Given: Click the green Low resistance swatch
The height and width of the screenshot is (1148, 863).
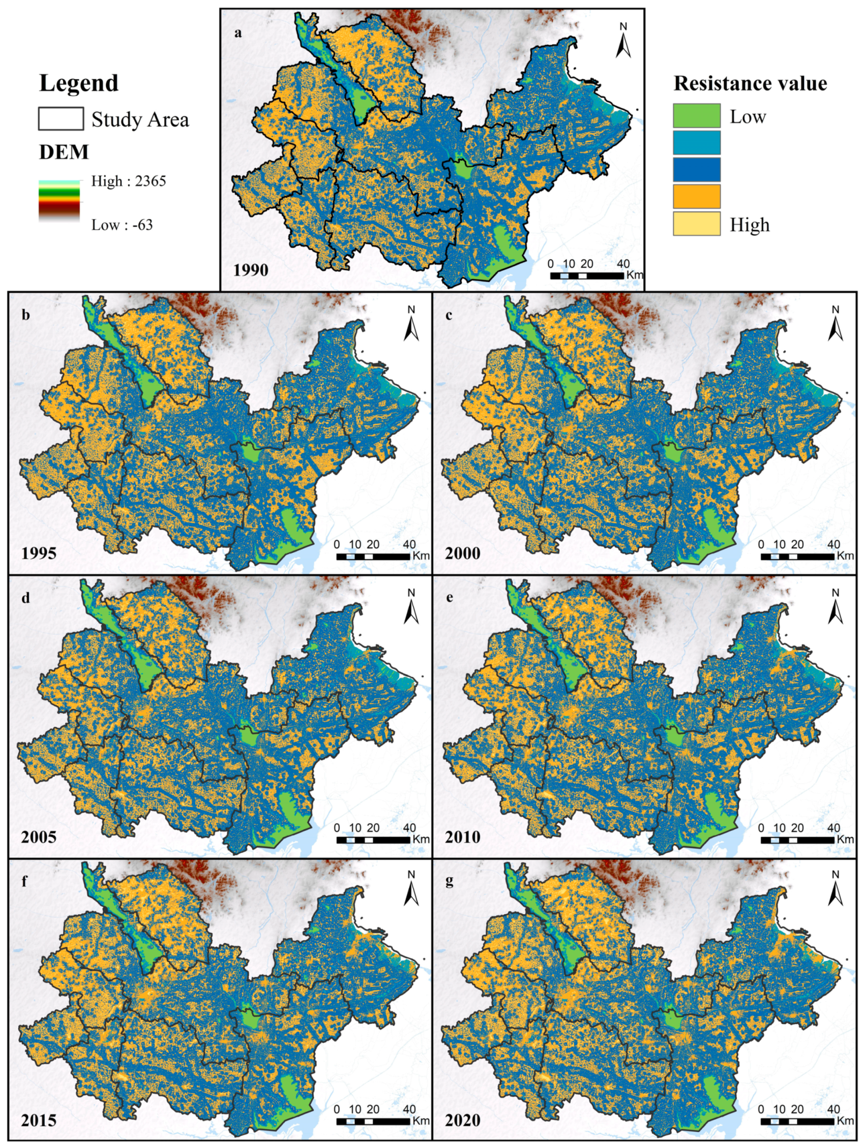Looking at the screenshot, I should (x=696, y=115).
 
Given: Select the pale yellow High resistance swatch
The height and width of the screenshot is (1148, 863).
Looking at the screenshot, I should (x=696, y=223).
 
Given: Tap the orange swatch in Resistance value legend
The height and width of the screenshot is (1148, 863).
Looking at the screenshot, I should (x=696, y=196).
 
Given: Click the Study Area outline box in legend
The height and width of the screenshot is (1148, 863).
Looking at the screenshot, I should (x=61, y=119).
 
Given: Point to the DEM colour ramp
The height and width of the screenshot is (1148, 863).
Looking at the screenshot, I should (x=59, y=200).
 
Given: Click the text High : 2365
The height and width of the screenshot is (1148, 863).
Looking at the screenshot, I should (x=128, y=181).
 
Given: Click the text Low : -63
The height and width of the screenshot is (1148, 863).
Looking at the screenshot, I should (x=122, y=225).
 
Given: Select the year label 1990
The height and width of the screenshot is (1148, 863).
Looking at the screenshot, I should (x=250, y=270).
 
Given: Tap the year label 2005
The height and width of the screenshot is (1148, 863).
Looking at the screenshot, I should (x=39, y=837).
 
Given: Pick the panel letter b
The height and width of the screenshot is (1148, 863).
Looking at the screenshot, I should (x=25, y=315).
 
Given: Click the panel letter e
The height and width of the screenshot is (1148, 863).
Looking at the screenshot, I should (x=449, y=597).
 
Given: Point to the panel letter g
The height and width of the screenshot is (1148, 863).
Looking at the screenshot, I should (x=449, y=881).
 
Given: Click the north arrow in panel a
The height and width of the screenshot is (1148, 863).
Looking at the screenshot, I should (x=623, y=42).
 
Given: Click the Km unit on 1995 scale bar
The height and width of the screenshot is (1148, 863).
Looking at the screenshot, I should (x=421, y=556).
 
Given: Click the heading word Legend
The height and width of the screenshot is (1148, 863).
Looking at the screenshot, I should (x=79, y=83).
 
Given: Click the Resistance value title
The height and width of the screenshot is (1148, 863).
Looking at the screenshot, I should (x=750, y=83).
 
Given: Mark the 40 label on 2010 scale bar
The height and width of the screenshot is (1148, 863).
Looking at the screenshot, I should (x=834, y=828).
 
